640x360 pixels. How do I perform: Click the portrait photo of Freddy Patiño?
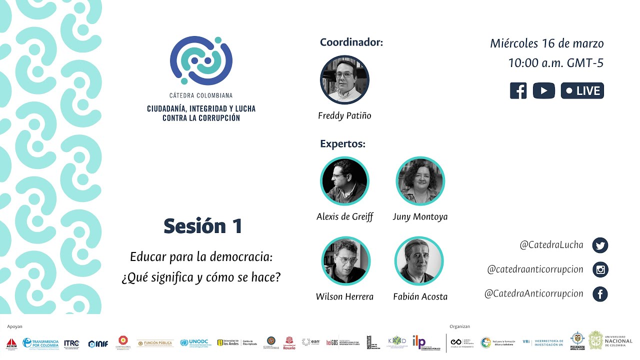click(x=344, y=80)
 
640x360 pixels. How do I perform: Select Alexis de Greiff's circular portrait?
click(x=344, y=181)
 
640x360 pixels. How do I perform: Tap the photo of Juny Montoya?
click(x=420, y=181)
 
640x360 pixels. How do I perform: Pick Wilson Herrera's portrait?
click(x=345, y=261)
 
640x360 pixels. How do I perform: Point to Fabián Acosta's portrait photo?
click(x=419, y=261)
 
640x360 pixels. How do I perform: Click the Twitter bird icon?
click(x=600, y=245)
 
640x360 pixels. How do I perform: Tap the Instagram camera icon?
click(x=600, y=270)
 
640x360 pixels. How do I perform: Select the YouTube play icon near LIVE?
click(x=543, y=90)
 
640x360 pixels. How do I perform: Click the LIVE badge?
click(x=582, y=90)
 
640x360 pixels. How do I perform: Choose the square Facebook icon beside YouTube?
click(x=518, y=90)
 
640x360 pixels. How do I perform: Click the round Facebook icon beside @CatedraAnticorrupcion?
click(x=600, y=294)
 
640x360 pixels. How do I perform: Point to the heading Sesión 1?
click(x=203, y=226)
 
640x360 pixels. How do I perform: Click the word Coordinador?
click(x=351, y=42)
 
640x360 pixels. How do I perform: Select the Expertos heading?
click(x=342, y=144)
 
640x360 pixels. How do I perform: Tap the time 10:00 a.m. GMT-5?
click(x=555, y=63)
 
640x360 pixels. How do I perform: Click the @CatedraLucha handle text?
click(x=551, y=245)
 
